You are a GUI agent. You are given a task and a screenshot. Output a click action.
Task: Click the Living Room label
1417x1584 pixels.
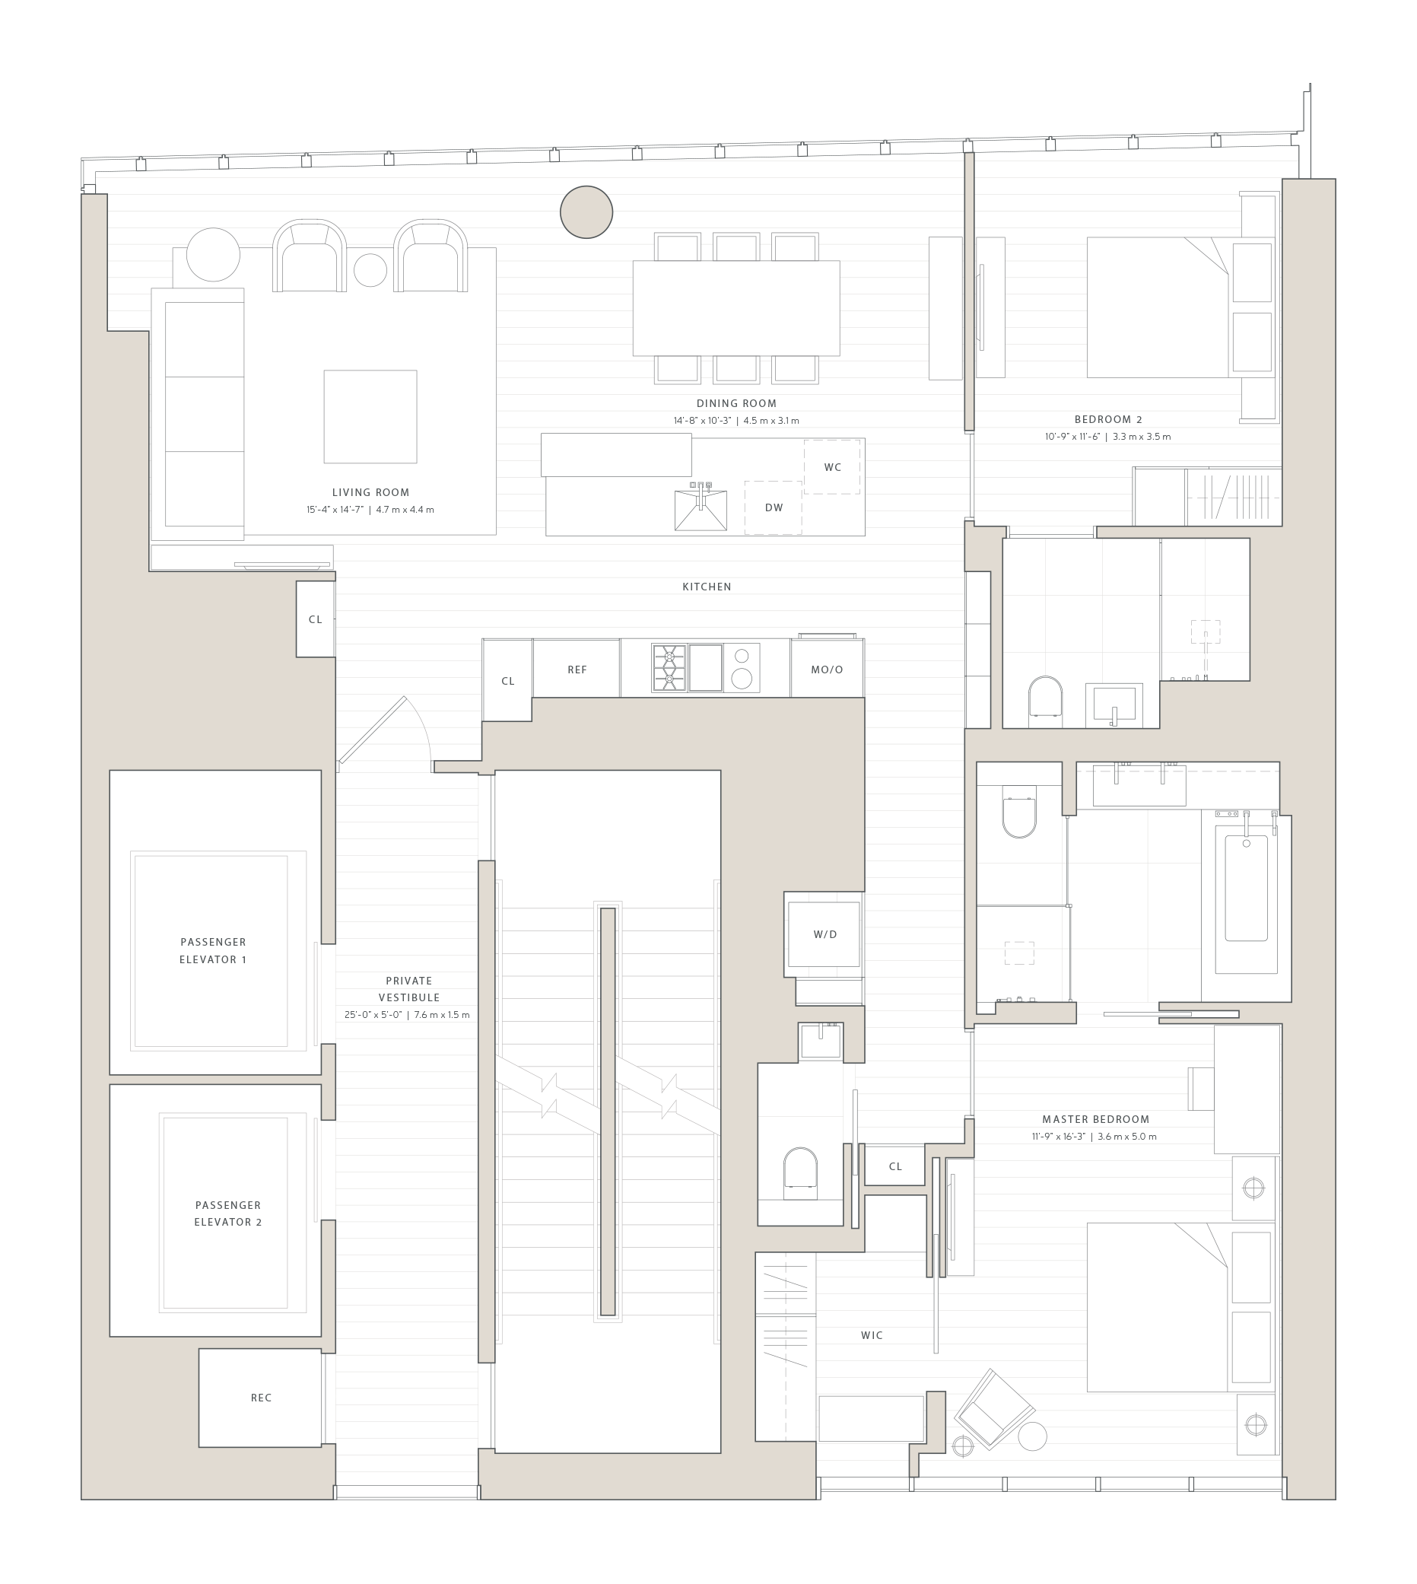(370, 492)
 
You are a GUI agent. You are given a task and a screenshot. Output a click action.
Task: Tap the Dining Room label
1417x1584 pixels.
(736, 403)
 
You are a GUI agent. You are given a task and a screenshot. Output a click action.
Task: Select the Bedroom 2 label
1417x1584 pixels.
(1108, 420)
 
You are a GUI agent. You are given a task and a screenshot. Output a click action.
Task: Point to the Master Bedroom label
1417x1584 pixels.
(1095, 1119)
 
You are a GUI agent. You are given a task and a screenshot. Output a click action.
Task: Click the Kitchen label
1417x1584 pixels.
(706, 587)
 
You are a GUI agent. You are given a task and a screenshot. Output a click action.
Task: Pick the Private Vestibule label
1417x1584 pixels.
(408, 988)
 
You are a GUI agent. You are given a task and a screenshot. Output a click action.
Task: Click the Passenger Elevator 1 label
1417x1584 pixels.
(212, 950)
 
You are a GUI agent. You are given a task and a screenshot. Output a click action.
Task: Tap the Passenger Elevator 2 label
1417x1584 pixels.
(228, 1213)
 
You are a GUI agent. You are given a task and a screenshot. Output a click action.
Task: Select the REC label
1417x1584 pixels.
(262, 1398)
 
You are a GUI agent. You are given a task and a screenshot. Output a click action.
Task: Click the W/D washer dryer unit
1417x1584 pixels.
(824, 934)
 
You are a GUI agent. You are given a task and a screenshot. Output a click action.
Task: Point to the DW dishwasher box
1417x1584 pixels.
(773, 507)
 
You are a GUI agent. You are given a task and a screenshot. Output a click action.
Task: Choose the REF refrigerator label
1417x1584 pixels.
(577, 670)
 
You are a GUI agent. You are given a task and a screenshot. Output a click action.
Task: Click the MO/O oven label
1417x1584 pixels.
(827, 670)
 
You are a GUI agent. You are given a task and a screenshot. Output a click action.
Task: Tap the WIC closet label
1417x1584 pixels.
(872, 1335)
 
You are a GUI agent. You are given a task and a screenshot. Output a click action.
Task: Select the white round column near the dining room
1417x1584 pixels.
(586, 212)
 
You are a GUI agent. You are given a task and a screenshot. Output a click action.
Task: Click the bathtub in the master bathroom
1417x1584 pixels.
(1246, 888)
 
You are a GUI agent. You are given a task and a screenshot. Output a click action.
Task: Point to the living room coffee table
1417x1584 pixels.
(370, 417)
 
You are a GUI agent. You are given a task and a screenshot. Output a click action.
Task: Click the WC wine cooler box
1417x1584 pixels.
(832, 467)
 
